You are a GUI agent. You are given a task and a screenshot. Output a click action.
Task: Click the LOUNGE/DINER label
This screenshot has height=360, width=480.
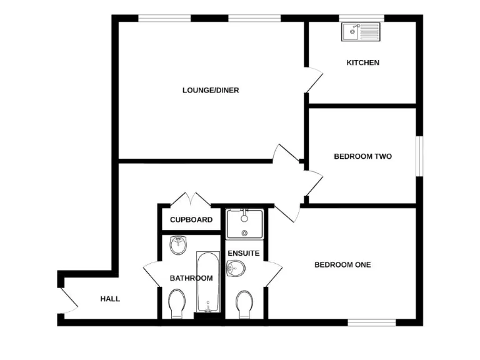tap(211, 90)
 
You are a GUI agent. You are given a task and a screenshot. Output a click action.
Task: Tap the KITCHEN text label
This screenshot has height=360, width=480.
tap(363, 62)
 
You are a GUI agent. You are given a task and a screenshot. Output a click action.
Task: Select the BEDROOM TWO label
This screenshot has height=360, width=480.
tap(362, 156)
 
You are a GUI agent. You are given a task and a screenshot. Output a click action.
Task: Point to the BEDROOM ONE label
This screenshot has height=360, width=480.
tap(342, 265)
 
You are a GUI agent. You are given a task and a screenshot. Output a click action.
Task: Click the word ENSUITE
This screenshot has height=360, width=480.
tap(244, 253)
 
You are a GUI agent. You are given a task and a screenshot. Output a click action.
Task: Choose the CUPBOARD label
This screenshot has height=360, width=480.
tap(191, 220)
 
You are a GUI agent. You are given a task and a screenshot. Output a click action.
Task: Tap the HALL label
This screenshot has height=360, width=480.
tap(110, 299)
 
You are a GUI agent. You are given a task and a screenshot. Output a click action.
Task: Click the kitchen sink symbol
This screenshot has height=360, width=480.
tap(361, 31)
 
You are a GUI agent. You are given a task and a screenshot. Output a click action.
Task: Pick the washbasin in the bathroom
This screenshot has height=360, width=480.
tap(178, 244)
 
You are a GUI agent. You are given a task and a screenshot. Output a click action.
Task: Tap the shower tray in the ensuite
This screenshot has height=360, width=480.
tap(244, 224)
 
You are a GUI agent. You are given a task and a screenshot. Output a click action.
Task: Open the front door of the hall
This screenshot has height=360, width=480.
tap(69, 300)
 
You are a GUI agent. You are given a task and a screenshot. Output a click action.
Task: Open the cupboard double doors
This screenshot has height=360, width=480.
tap(191, 200)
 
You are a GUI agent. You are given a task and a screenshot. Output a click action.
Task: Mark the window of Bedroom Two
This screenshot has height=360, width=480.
tap(419, 156)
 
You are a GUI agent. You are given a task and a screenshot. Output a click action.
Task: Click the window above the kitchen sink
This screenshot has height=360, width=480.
tap(361, 18)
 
